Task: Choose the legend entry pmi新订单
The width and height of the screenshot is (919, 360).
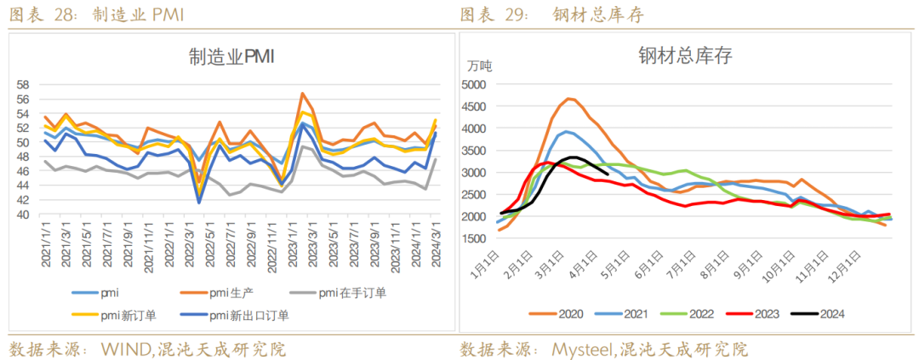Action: pos(128,316)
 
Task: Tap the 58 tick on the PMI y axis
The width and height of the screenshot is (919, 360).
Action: pos(23,84)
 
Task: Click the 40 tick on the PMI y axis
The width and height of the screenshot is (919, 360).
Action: pos(23,215)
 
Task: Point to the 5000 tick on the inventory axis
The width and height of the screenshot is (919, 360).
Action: pos(473,84)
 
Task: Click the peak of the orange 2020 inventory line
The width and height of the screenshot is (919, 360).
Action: pos(568,99)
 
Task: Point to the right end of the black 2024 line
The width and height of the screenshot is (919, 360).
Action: pos(605,173)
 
